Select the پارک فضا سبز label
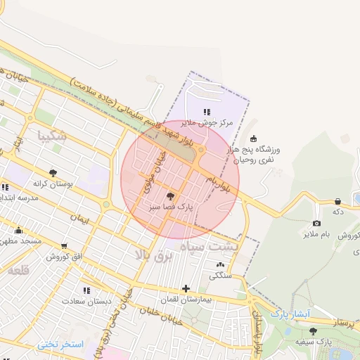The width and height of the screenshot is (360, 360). click(x=171, y=208)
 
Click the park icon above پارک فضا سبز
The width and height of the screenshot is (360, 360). click(x=171, y=196)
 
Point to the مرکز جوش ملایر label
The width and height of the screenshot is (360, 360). click(x=206, y=122)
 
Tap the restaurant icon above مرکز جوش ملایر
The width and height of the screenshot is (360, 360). click(x=206, y=111)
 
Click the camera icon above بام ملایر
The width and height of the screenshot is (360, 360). click(x=316, y=223)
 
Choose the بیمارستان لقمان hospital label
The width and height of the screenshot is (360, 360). click(x=186, y=299)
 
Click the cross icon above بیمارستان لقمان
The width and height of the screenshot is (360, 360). click(x=186, y=288)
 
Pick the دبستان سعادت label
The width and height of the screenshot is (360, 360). click(x=86, y=302)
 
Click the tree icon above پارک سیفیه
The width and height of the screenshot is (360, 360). click(x=313, y=330)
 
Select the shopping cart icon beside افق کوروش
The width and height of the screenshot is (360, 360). click(x=64, y=246)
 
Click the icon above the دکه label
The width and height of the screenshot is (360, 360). click(x=337, y=201)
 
